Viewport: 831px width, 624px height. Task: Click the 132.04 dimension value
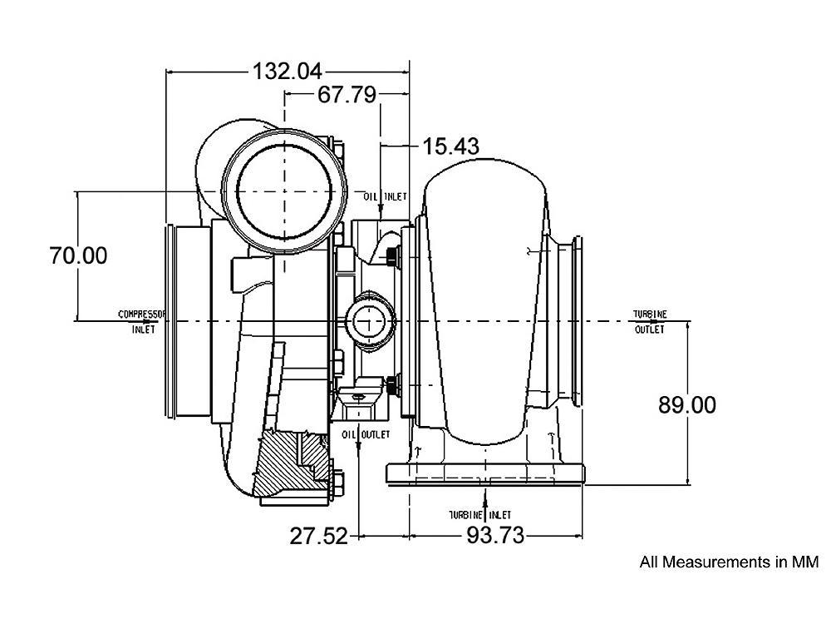(287, 72)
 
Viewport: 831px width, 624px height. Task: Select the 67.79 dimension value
(347, 95)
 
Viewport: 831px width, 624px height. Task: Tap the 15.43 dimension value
(450, 146)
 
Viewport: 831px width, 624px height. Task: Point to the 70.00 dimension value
(78, 255)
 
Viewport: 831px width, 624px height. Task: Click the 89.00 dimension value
(686, 405)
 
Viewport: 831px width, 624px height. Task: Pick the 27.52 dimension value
(318, 536)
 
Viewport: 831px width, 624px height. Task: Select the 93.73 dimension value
(495, 536)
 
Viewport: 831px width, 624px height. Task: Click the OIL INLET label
(385, 196)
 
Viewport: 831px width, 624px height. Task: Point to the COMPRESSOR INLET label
(142, 321)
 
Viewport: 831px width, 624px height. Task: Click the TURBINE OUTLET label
(649, 321)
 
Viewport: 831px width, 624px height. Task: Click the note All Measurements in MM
(728, 562)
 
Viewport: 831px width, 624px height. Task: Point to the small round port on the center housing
(366, 319)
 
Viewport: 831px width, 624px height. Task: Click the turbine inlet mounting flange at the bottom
(486, 474)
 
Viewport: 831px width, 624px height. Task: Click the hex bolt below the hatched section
(337, 483)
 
